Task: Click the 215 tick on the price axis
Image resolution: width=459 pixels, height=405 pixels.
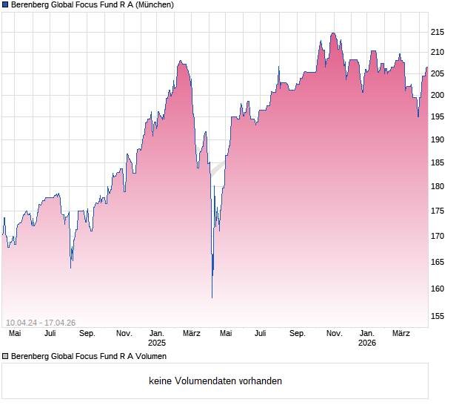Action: pos(438,32)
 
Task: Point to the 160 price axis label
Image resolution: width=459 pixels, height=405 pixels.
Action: pos(438,289)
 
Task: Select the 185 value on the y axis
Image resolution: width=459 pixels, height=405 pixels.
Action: pos(438,162)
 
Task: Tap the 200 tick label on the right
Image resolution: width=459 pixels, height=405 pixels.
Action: pos(438,94)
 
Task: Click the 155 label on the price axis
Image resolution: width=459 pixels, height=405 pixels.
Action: pos(438,316)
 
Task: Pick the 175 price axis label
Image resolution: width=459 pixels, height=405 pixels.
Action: pos(438,211)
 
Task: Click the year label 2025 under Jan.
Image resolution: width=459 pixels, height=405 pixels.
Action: pos(157,343)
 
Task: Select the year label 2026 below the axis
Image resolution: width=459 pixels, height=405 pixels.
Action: pos(367,343)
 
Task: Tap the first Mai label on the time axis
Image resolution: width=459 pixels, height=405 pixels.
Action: pos(14,334)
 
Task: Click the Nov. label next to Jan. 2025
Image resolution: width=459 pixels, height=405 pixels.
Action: pos(124,334)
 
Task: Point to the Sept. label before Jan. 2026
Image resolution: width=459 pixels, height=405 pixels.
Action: pos(298,334)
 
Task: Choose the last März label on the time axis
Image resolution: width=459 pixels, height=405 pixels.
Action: pos(401,334)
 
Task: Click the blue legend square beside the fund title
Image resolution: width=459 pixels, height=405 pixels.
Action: pos(5,5)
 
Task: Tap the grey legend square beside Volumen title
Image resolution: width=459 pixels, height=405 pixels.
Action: pos(5,357)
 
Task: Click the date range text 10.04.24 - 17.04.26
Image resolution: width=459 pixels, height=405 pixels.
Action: pos(41,322)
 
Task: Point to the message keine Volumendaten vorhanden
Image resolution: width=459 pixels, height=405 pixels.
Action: pos(215,381)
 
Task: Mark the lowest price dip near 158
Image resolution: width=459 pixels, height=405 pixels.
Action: pos(212,297)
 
